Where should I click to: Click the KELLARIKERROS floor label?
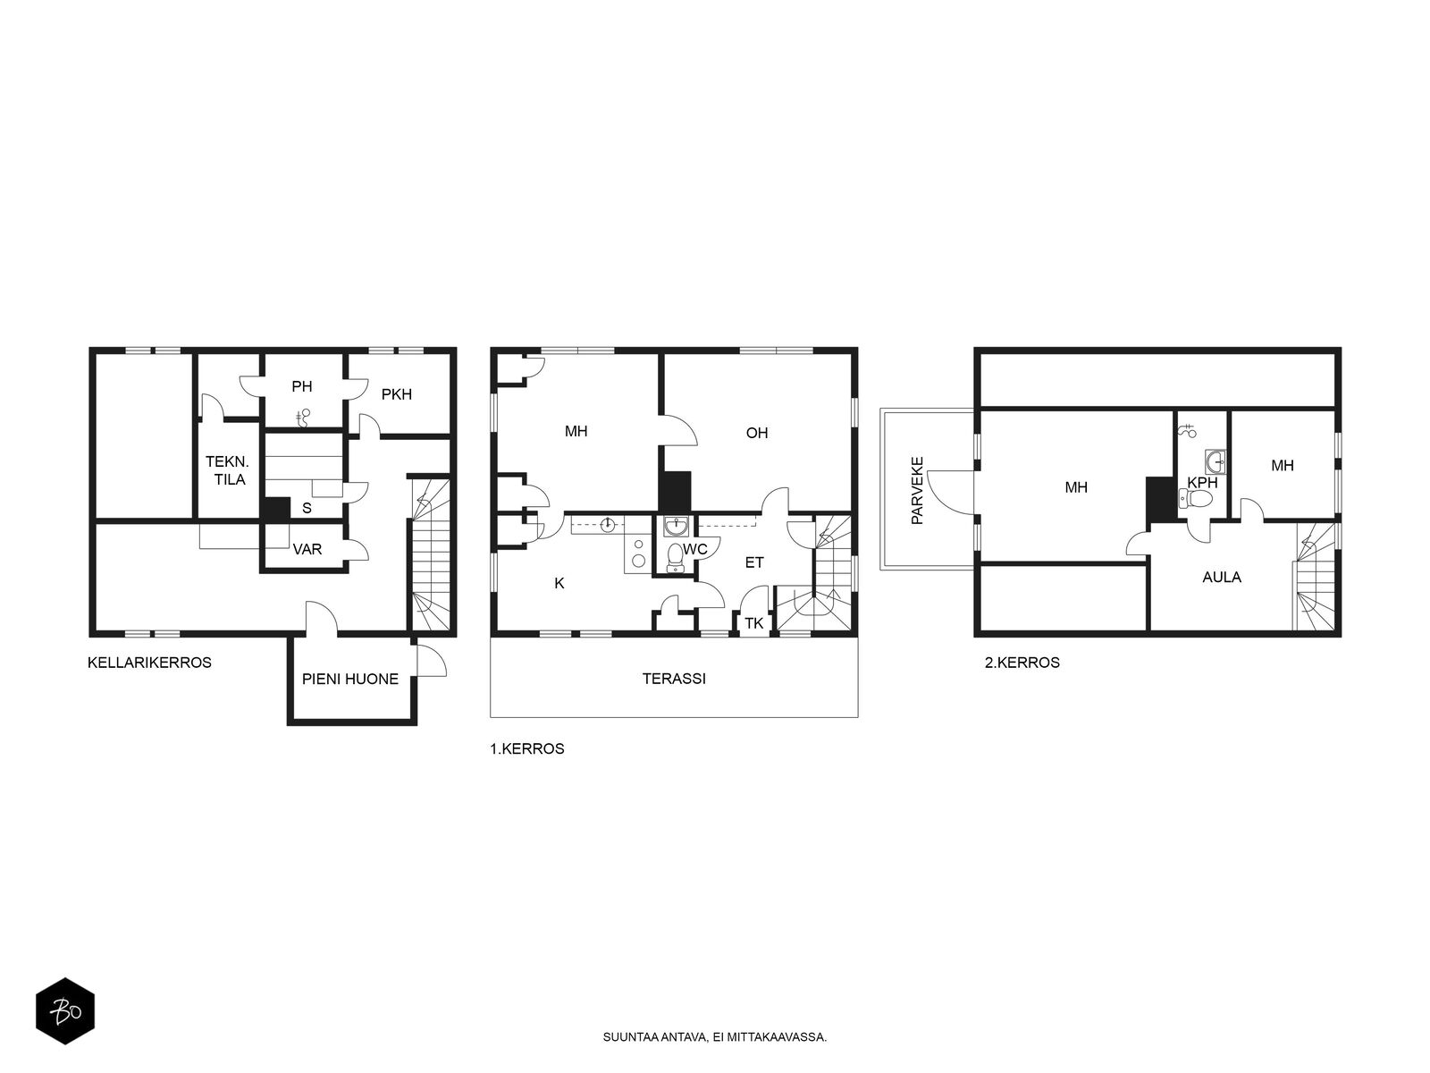click(149, 663)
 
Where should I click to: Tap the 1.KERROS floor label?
click(527, 748)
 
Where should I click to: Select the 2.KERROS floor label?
click(1022, 663)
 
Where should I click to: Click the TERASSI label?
click(674, 678)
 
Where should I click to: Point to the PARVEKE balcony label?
click(917, 491)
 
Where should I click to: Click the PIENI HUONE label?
click(349, 679)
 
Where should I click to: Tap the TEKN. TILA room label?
click(227, 470)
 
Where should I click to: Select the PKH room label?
click(396, 394)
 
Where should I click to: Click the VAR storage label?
click(307, 549)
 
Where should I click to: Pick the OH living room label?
click(756, 433)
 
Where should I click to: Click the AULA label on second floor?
click(1222, 577)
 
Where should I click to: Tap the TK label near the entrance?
click(753, 623)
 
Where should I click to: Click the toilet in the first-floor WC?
click(676, 556)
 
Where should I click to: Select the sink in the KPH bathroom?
click(1215, 461)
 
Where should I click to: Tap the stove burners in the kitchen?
click(638, 553)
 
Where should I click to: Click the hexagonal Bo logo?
click(65, 1012)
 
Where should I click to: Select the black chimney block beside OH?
click(675, 491)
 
